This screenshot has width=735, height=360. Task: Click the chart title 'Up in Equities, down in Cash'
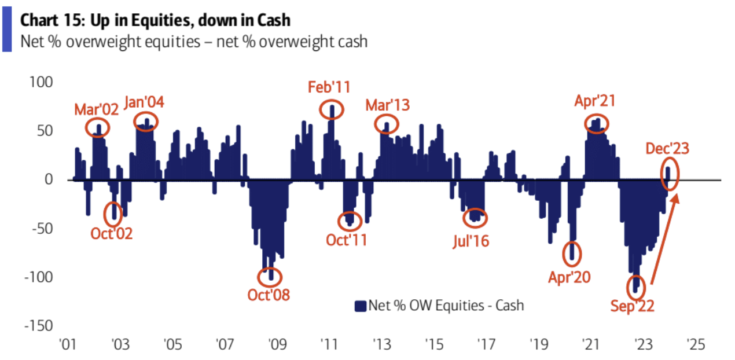click(x=155, y=20)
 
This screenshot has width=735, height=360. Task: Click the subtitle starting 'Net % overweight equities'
click(x=194, y=42)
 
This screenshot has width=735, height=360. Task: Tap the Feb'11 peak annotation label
click(x=329, y=89)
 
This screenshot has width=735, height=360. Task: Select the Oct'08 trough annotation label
click(x=269, y=294)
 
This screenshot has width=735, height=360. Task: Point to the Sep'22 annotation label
click(x=632, y=306)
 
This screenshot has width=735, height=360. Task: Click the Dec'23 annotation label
click(x=667, y=149)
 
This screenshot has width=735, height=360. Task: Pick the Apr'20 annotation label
click(x=569, y=277)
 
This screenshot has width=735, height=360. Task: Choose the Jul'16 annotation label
click(x=470, y=240)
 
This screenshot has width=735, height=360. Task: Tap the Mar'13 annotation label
click(x=387, y=105)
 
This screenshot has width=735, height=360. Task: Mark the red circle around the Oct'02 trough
click(x=113, y=214)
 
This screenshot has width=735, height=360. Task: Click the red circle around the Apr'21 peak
click(x=597, y=123)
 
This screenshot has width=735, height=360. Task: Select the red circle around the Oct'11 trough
click(x=350, y=220)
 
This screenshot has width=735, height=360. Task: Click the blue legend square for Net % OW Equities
click(x=361, y=305)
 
